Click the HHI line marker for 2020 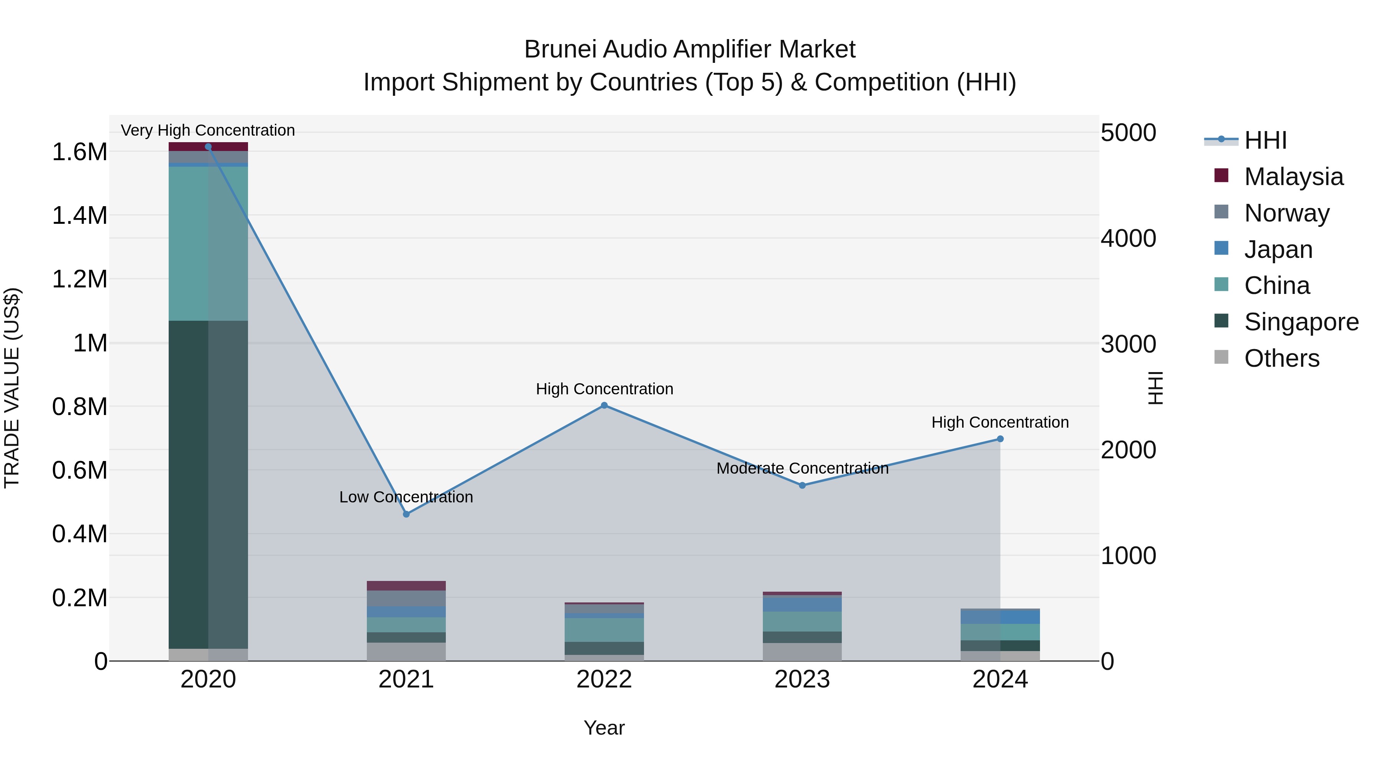tap(209, 147)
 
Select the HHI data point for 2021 tap(406, 514)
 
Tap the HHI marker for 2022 tap(604, 405)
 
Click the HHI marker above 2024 tap(1000, 439)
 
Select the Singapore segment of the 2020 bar tap(209, 485)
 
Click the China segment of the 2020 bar tap(209, 244)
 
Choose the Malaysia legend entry tap(1293, 177)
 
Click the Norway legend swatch tap(1221, 212)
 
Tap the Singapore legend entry tap(1301, 322)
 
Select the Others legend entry tap(1281, 358)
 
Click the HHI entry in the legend tap(1265, 140)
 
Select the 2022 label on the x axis tap(604, 679)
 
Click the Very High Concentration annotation tap(208, 130)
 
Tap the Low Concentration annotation tap(406, 497)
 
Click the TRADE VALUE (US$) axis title tap(12, 388)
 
